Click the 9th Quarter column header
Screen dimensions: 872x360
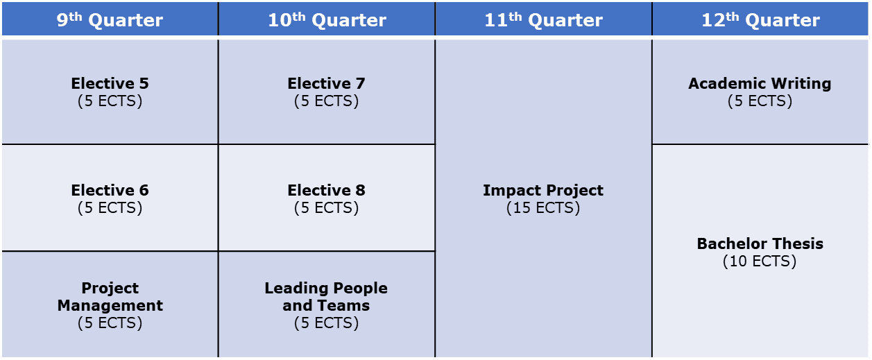[110, 19]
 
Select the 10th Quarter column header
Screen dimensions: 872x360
[327, 19]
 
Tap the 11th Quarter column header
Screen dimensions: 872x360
[543, 19]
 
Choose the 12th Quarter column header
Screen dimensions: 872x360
[761, 19]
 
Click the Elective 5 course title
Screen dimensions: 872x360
[110, 83]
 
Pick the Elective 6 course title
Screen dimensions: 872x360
[110, 190]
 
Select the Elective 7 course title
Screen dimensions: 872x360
[326, 83]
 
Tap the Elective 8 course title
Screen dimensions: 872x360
[326, 190]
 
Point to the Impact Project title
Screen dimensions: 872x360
[543, 190]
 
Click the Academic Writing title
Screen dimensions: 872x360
[760, 84]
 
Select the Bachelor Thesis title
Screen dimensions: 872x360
[760, 243]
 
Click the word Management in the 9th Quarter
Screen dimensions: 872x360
[110, 305]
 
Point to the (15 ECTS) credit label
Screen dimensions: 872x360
[543, 208]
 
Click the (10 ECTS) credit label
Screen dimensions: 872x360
[760, 261]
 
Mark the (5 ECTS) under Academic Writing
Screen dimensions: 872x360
[760, 101]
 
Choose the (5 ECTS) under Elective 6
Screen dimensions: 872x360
[110, 208]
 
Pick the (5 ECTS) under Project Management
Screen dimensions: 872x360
[110, 323]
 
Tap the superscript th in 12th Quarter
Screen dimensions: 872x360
[732, 17]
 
